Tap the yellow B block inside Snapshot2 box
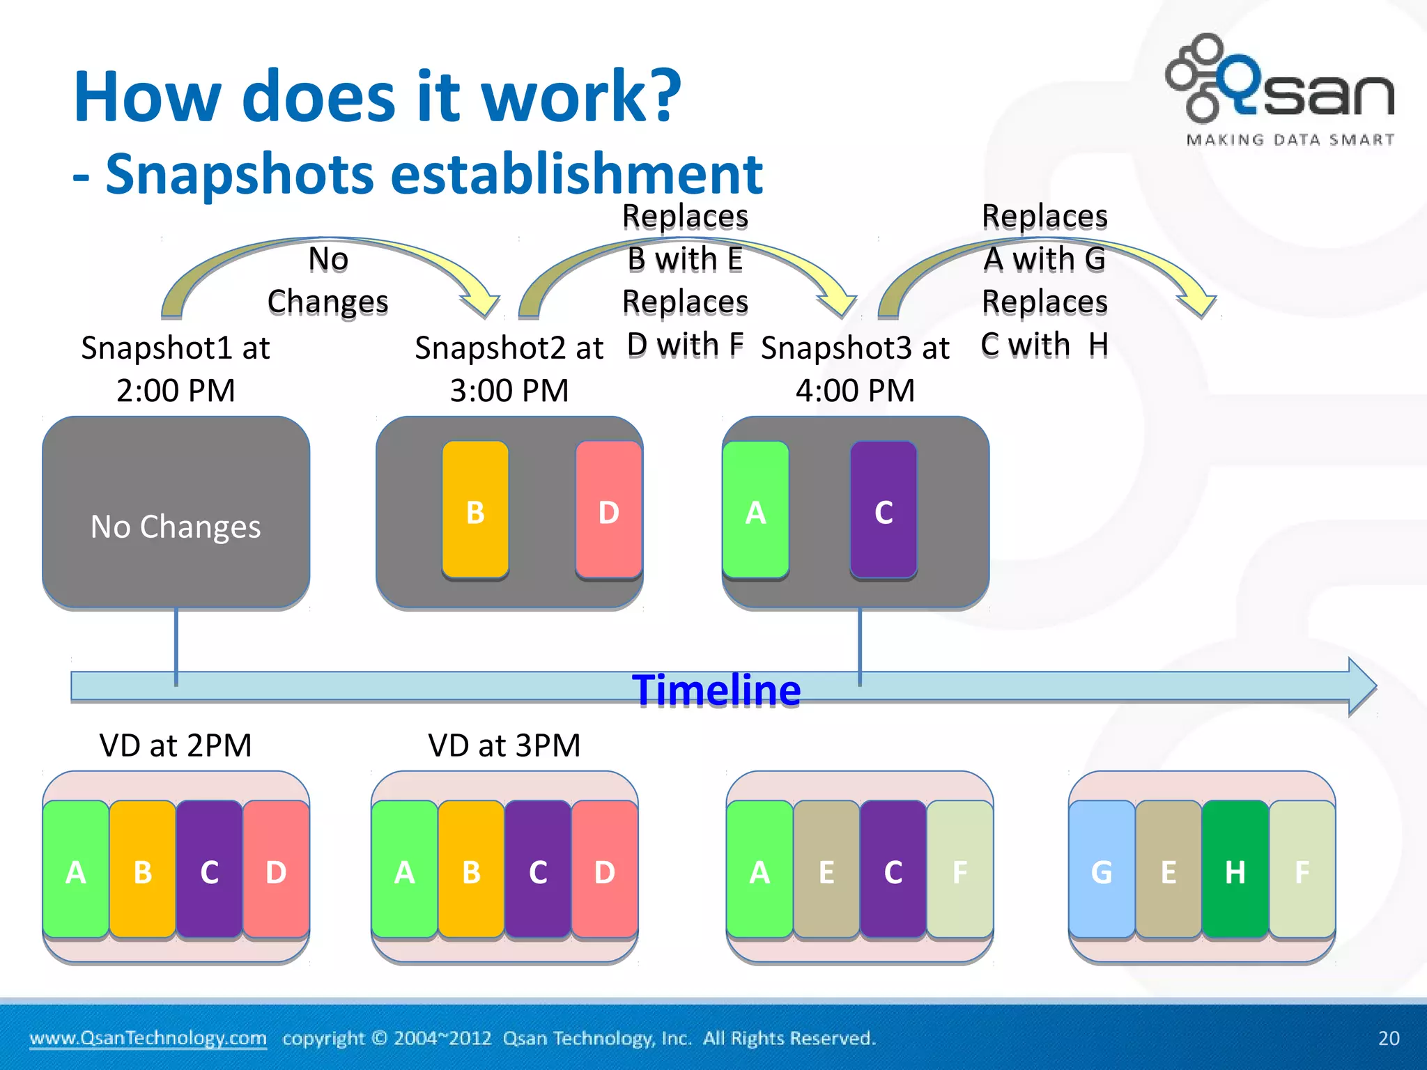coord(475,509)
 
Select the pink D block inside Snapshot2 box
coord(608,509)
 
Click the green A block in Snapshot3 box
coord(756,509)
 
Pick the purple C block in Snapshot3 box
coord(884,509)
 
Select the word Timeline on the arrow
coord(716,690)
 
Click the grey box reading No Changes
coord(176,513)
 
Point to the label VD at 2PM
coord(176,745)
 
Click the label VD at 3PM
coord(504,745)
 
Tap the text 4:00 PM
coord(855,390)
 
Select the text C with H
coord(1044,345)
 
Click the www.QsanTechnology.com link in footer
coord(148,1038)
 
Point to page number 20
coord(1388,1038)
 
